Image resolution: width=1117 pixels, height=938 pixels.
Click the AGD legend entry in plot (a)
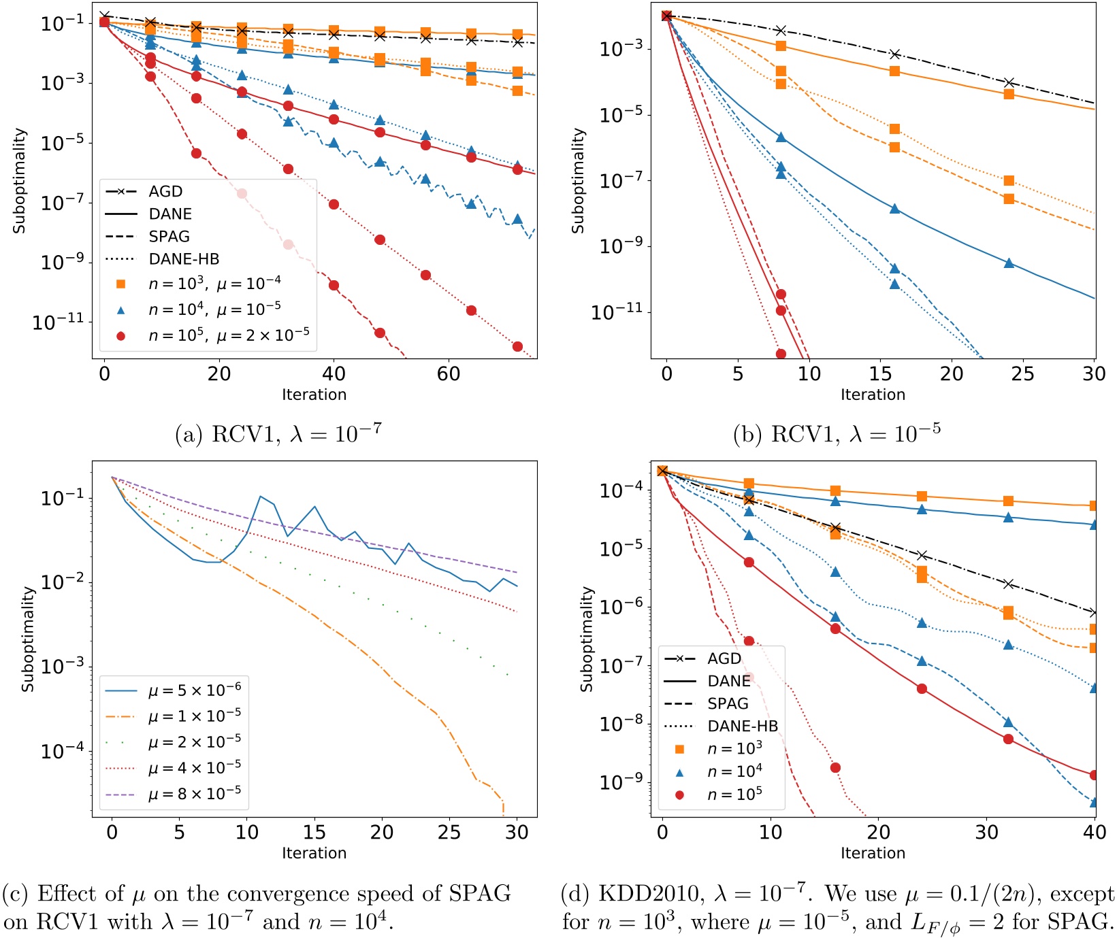point(165,192)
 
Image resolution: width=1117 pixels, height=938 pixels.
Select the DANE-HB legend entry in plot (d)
point(742,726)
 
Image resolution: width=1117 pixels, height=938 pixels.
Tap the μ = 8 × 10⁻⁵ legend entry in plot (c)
point(194,794)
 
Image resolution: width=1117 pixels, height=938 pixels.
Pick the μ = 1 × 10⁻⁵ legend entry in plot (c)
point(194,716)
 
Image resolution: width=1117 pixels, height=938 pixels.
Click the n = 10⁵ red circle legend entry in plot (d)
point(734,794)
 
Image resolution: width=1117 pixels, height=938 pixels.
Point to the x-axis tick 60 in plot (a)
point(449,373)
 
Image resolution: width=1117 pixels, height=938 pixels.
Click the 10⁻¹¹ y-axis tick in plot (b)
point(617,313)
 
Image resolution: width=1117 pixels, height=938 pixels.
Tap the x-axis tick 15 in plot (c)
point(314,832)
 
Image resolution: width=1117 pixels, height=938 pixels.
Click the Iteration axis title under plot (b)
point(873,395)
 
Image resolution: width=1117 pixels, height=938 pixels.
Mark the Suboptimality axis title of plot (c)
point(28,639)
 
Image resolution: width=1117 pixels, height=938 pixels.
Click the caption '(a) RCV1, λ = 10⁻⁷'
point(278,434)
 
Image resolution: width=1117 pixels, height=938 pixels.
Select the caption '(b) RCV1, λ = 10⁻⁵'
point(837,434)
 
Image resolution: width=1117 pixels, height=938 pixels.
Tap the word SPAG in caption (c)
point(479,893)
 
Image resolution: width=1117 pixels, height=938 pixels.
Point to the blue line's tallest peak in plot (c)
point(260,497)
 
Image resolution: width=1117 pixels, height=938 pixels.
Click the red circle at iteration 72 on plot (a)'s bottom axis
point(517,347)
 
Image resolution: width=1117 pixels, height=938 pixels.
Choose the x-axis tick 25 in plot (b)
point(1022,373)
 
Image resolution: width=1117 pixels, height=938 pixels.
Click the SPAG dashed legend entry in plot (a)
point(169,237)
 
